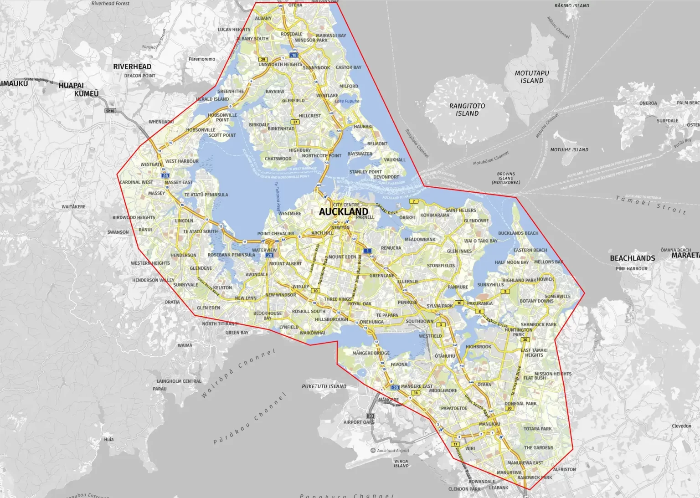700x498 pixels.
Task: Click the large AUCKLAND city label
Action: click(343, 212)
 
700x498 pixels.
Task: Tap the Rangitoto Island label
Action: click(467, 109)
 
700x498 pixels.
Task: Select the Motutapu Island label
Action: click(532, 77)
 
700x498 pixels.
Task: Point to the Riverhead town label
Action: click(132, 67)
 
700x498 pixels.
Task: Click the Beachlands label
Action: click(632, 258)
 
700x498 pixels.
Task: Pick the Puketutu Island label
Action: click(324, 386)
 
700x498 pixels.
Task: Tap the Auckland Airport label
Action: click(393, 451)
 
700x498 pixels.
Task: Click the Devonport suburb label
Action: click(386, 177)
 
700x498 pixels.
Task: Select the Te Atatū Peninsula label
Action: click(206, 195)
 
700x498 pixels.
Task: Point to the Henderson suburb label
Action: click(183, 255)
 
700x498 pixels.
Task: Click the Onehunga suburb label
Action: click(371, 322)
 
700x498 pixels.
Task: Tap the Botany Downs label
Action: click(536, 301)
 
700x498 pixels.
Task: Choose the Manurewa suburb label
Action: click(509, 472)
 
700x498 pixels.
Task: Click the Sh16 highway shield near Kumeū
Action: click(110, 111)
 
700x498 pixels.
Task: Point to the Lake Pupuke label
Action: click(347, 101)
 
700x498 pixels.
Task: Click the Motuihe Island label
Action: click(569, 149)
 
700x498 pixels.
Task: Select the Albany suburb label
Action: click(263, 18)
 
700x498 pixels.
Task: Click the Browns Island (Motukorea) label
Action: click(505, 178)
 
